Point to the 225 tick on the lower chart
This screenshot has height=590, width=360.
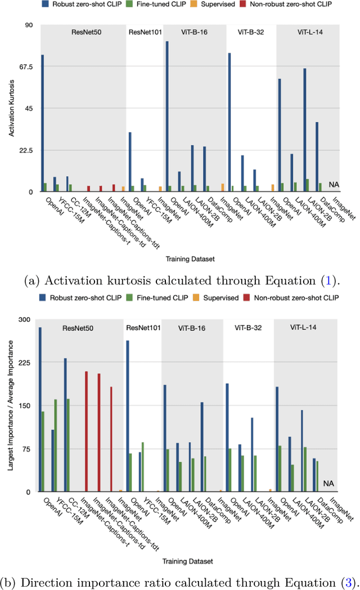point(25,363)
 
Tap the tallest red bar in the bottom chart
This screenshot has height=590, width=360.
point(86,431)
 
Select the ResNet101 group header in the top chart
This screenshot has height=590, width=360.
point(146,32)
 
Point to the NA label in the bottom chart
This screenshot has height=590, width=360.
point(328,483)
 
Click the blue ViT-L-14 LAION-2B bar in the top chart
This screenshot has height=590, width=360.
point(305,130)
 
